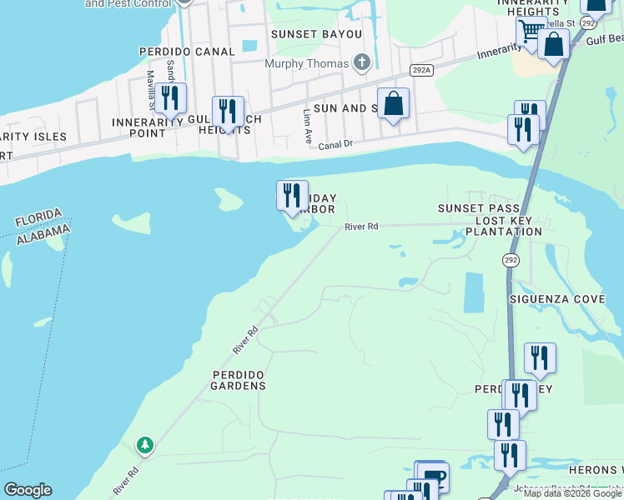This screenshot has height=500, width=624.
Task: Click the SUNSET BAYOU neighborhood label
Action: click(x=316, y=34)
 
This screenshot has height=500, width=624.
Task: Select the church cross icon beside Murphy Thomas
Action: click(x=361, y=62)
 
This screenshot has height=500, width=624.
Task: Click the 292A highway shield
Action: click(x=421, y=70)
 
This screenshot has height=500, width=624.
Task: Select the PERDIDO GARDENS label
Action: click(x=238, y=380)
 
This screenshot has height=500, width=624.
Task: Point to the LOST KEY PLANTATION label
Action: click(x=509, y=226)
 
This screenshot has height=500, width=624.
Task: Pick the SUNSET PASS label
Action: click(x=480, y=207)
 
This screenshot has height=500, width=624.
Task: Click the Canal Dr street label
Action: click(x=335, y=144)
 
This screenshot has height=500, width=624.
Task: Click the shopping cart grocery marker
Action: click(x=530, y=32)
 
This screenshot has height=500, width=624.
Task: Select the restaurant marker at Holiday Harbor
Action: click(x=292, y=195)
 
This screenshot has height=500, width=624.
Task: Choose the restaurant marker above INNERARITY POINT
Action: click(x=170, y=97)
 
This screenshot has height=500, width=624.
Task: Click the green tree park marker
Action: click(x=145, y=446)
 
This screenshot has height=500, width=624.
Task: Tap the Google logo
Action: click(x=28, y=490)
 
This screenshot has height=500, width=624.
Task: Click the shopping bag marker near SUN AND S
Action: click(x=394, y=103)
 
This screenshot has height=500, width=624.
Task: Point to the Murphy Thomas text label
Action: click(x=306, y=63)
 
